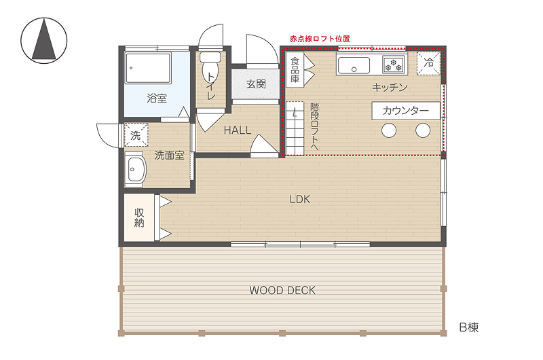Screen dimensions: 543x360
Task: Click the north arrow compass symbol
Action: [44, 41]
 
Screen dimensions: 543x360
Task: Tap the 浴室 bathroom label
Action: [157, 98]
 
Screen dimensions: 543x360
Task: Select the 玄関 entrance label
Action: [256, 84]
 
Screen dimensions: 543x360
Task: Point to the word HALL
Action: [237, 130]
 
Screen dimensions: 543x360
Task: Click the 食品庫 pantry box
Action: [295, 70]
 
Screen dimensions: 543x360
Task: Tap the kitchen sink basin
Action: [354, 65]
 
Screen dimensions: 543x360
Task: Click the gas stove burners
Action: [393, 65]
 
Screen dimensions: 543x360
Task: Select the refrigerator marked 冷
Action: [428, 63]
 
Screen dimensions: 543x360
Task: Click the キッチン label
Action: [390, 88]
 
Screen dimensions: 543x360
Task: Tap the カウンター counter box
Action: [406, 111]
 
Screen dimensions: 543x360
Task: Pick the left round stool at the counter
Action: [389, 130]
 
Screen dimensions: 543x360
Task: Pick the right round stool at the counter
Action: [423, 130]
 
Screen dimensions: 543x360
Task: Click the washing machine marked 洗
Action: [136, 134]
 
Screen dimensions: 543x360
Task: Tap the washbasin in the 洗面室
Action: [135, 169]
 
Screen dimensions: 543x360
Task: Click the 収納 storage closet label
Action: [139, 217]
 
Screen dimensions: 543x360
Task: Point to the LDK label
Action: [300, 199]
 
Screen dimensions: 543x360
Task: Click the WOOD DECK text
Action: [282, 290]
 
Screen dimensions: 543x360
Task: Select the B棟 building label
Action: [469, 327]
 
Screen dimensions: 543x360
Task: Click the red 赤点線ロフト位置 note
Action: [320, 39]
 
